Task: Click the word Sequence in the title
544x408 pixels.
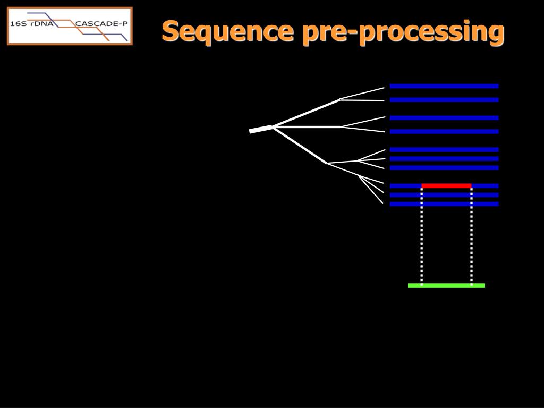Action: tap(227, 31)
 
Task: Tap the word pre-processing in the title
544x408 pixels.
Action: tap(403, 32)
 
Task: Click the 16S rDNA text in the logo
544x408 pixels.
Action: tap(31, 24)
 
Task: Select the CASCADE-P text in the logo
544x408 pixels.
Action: tap(101, 24)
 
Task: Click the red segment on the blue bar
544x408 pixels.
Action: tap(446, 186)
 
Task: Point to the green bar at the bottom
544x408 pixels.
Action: tap(446, 285)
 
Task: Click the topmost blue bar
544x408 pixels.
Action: tap(444, 86)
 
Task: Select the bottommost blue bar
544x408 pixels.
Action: tap(444, 204)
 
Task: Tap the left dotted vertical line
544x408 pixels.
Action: tap(421, 236)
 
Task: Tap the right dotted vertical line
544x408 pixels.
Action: tap(471, 236)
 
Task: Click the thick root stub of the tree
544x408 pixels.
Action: tap(261, 129)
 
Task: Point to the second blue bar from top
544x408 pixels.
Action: tap(444, 100)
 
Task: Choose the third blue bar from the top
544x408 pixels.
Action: tap(444, 118)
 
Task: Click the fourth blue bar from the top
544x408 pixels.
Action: tap(444, 132)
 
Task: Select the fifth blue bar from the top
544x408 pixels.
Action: tap(444, 149)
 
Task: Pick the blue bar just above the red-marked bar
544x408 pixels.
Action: tap(444, 168)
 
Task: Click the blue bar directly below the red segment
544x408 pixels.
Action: tap(444, 195)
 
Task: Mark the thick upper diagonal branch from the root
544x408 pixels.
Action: tap(307, 113)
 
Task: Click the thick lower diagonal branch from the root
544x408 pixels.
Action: tap(300, 145)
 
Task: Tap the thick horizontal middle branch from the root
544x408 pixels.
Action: tap(307, 127)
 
